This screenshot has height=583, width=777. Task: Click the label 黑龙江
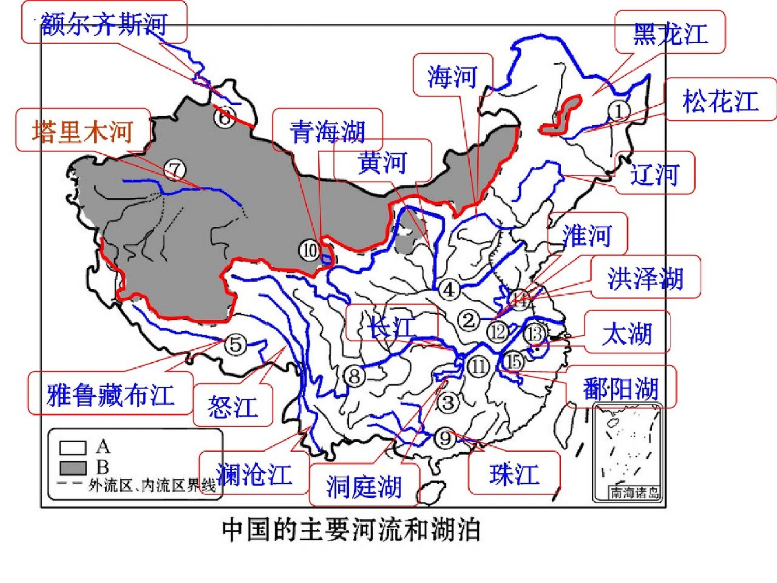(x=670, y=33)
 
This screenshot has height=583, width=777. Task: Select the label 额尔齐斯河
(x=104, y=23)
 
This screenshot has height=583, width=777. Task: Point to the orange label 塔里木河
(x=83, y=132)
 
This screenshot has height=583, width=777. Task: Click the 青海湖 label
(x=327, y=131)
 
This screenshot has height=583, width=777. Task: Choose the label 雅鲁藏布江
(x=111, y=394)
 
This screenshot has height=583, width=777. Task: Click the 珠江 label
(x=514, y=474)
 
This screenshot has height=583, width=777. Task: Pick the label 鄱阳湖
(x=620, y=389)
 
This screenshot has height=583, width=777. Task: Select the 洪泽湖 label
(x=645, y=278)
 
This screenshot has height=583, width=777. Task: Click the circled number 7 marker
(x=175, y=170)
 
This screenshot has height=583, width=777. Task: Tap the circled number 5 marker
(x=235, y=344)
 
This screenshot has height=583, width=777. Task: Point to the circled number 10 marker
(x=310, y=250)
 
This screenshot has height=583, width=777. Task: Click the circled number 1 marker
(x=619, y=110)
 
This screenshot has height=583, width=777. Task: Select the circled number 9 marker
(x=445, y=438)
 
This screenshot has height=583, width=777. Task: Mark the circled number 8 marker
(x=355, y=376)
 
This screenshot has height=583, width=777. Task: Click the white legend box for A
(x=73, y=448)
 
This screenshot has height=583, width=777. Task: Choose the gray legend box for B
(x=73, y=468)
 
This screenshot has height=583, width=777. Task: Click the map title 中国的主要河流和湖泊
(x=351, y=530)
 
